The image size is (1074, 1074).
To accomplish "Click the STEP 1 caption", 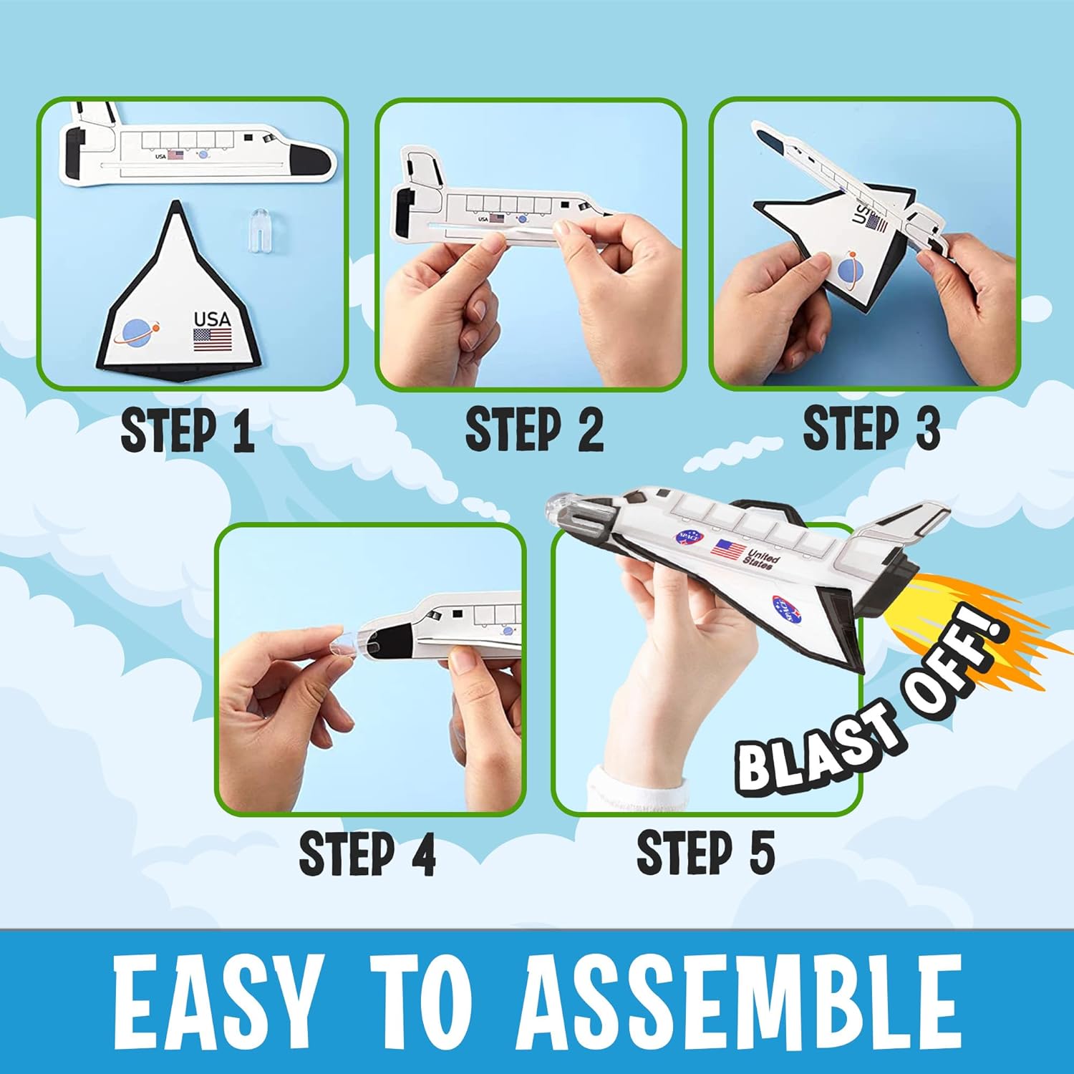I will point(188,430).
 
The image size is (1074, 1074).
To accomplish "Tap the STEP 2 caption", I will point(534,430).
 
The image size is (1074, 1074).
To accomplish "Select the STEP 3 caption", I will point(871,428).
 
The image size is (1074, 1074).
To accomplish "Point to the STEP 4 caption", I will point(367,853).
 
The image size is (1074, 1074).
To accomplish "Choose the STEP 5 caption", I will point(706,852).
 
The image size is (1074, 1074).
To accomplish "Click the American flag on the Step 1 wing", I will point(213,339).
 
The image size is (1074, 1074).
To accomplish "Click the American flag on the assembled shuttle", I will point(729,550).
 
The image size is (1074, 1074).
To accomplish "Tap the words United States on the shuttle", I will point(760,558).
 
